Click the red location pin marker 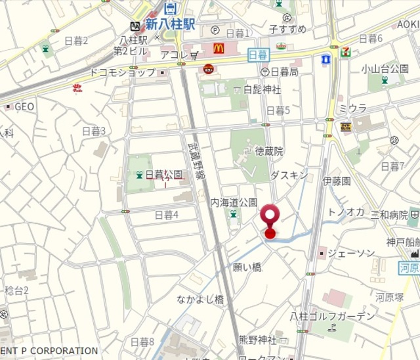click(270, 216)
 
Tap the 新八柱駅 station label click(171, 25)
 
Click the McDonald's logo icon click(219, 48)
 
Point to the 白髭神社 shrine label click(262, 89)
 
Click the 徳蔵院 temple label click(269, 151)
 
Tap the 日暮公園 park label click(163, 175)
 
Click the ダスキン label click(289, 175)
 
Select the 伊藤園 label click(337, 180)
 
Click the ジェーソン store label click(351, 253)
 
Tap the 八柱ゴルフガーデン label click(333, 316)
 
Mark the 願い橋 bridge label click(247, 267)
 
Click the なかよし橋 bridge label click(200, 299)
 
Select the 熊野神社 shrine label click(257, 340)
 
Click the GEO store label click(24, 106)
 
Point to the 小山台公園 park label click(385, 68)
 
